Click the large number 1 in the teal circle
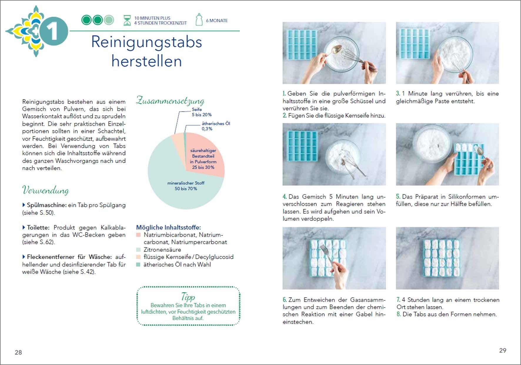click(53, 31)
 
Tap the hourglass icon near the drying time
click(127, 20)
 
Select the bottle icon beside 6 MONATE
click(199, 20)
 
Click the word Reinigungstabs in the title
click(146, 42)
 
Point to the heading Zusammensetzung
click(170, 101)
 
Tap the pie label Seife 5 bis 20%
click(201, 112)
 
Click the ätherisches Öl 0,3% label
click(216, 126)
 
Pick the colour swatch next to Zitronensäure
click(138, 250)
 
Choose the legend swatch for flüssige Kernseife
click(138, 257)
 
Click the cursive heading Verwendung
click(46, 190)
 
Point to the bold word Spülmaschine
click(46, 205)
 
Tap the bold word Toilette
click(38, 228)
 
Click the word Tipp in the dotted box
click(188, 296)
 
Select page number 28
click(18, 352)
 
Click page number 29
click(502, 351)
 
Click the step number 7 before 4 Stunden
click(398, 300)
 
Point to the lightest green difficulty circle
click(109, 20)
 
